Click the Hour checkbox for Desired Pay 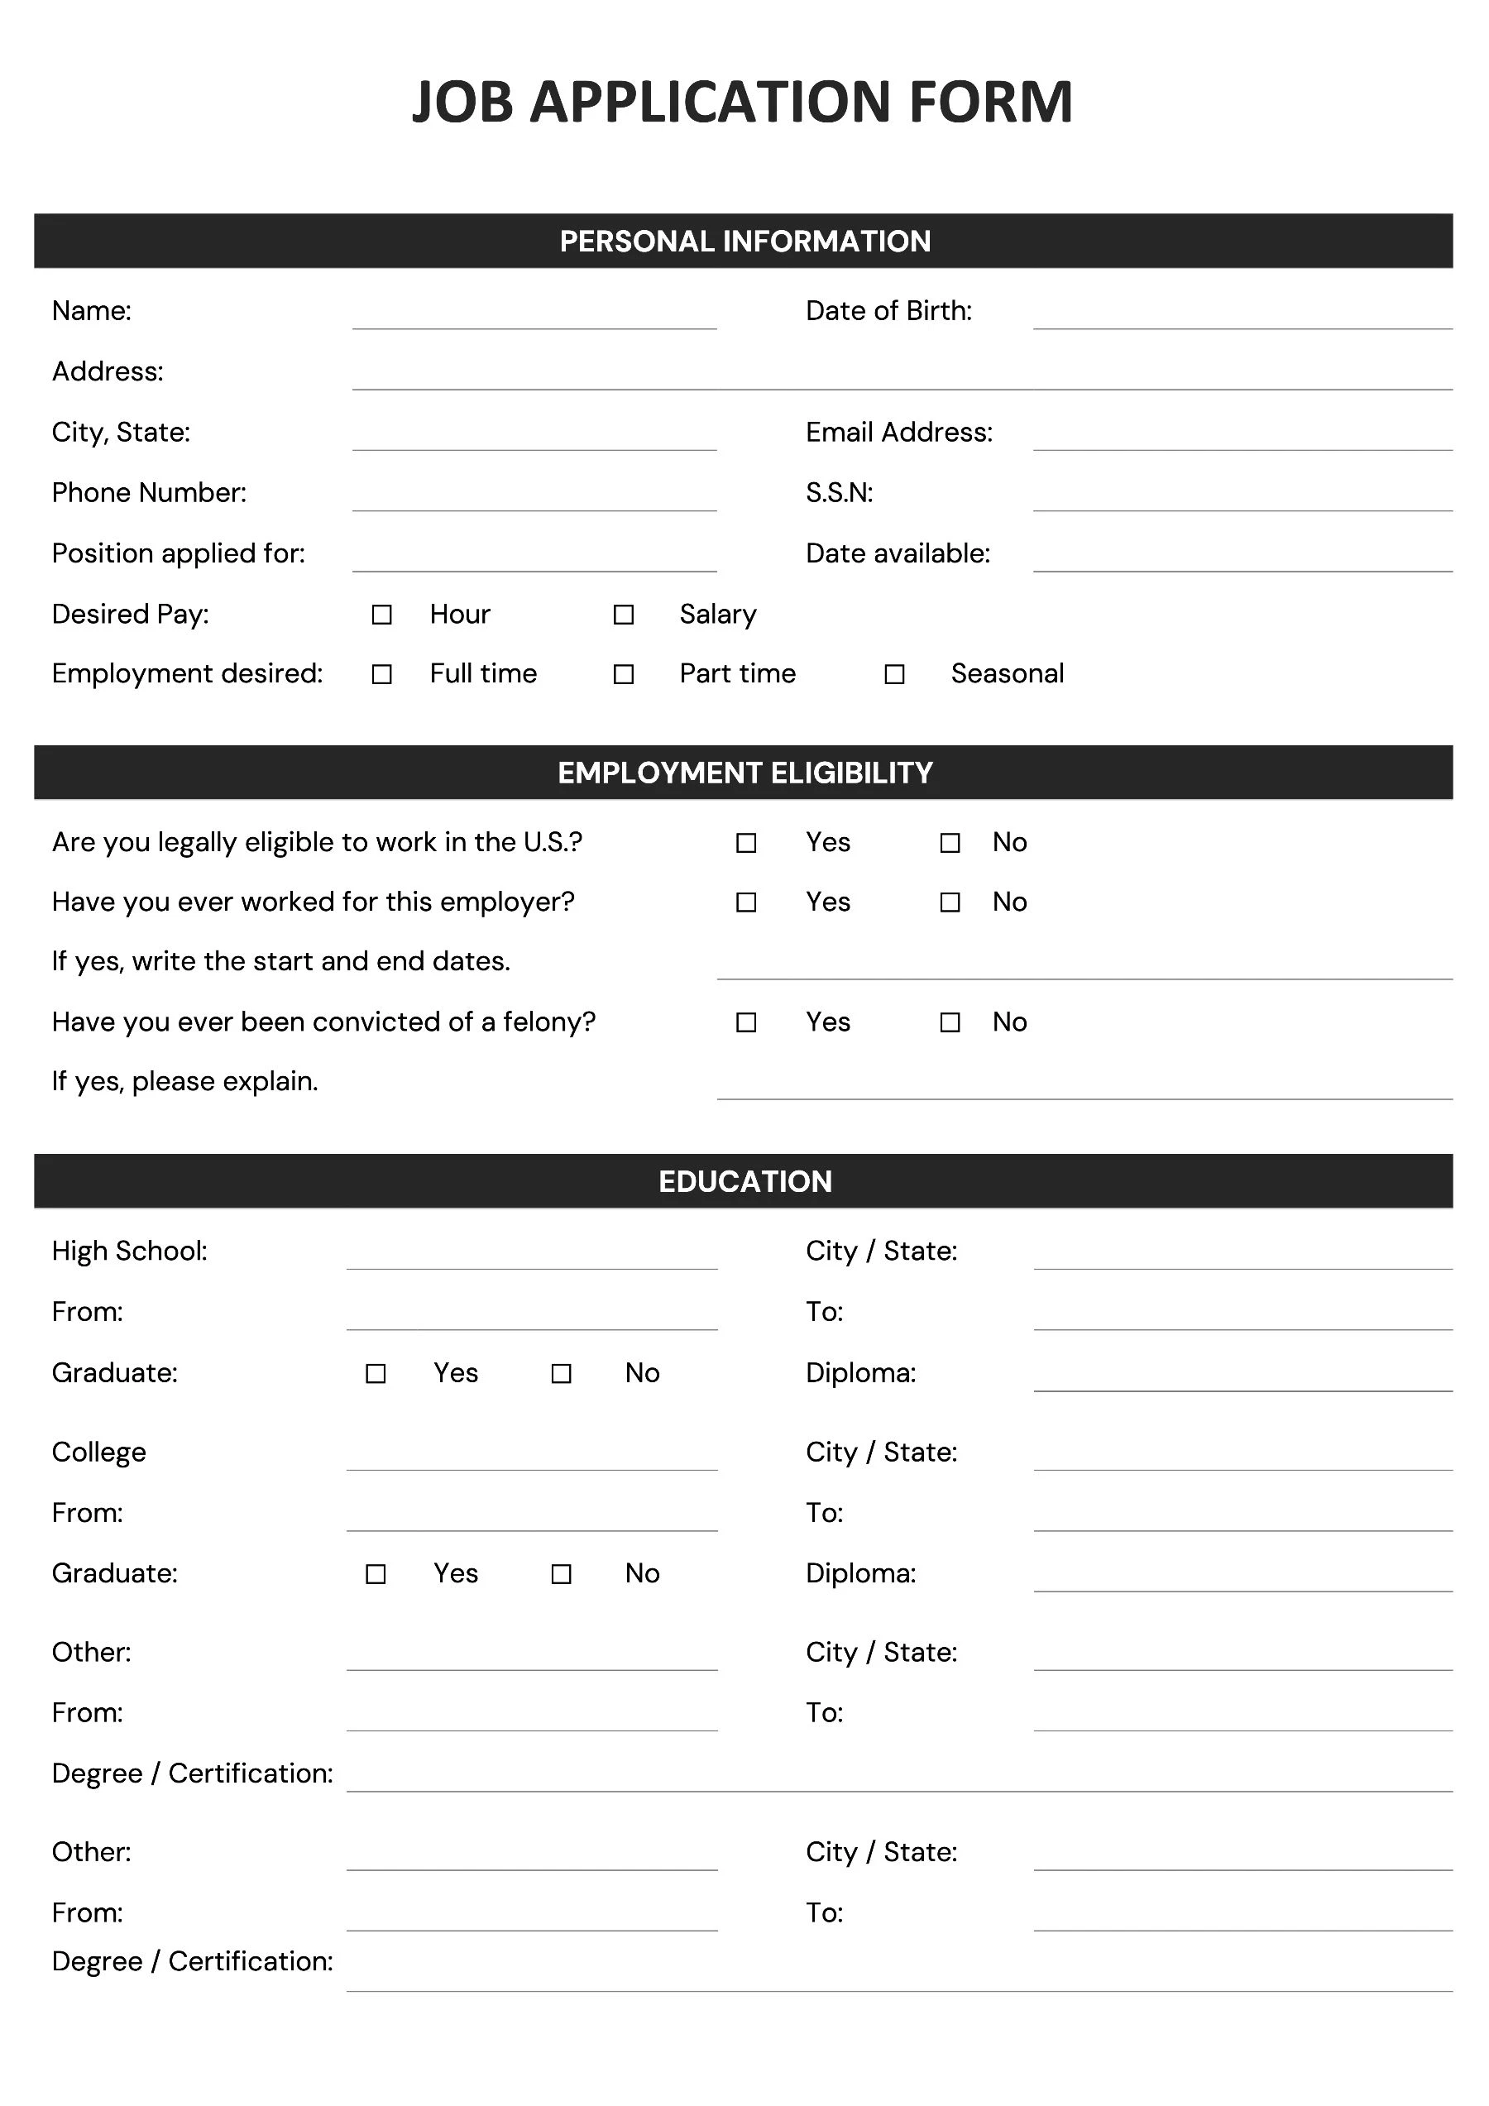(x=381, y=615)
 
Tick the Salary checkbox (x=624, y=615)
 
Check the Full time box (x=381, y=674)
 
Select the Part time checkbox (x=624, y=674)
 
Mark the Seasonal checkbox (x=894, y=674)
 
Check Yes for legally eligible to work (x=747, y=843)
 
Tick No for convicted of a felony (x=950, y=1022)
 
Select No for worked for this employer (x=950, y=902)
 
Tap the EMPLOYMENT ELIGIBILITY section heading (x=745, y=773)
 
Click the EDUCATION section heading (x=745, y=1181)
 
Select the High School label (x=129, y=1252)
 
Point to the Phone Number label (x=149, y=494)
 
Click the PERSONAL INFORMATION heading (x=745, y=242)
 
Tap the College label (x=99, y=1452)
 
